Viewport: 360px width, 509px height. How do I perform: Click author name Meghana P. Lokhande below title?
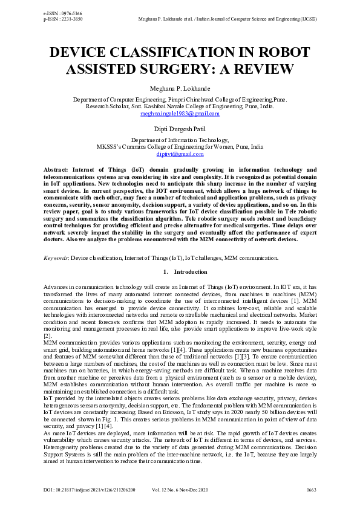click(x=180, y=88)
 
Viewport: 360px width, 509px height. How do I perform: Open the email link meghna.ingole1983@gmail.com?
click(x=180, y=114)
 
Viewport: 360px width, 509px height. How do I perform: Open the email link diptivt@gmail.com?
click(x=180, y=154)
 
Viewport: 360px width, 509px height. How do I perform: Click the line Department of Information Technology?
click(x=180, y=140)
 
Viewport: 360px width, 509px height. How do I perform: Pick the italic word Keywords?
click(x=56, y=258)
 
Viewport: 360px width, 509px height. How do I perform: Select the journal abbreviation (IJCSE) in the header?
click(x=307, y=18)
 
